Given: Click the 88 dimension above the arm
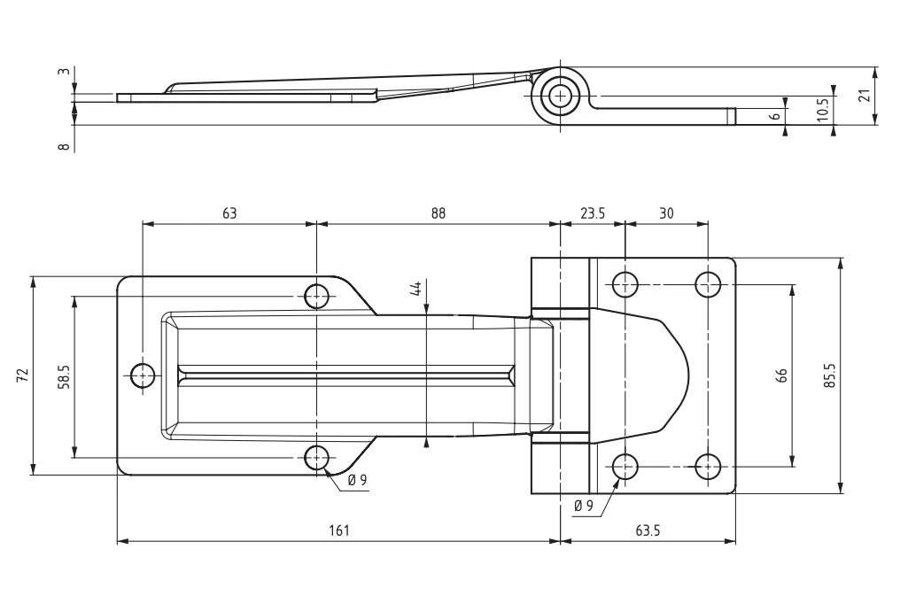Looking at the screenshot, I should pyautogui.click(x=438, y=213).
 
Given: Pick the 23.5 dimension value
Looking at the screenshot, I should pyautogui.click(x=594, y=213).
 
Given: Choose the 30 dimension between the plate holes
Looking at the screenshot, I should pyautogui.click(x=666, y=213).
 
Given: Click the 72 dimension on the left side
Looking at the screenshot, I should pyautogui.click(x=22, y=375).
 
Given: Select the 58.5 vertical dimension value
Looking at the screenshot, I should pyautogui.click(x=63, y=376).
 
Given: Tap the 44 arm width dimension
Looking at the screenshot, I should pyautogui.click(x=415, y=290).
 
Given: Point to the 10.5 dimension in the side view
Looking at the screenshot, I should pyautogui.click(x=822, y=108).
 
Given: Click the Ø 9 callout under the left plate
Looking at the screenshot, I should pyautogui.click(x=358, y=481).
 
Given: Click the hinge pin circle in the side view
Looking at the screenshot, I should pyautogui.click(x=560, y=95).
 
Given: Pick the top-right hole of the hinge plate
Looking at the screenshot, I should pyautogui.click(x=707, y=283).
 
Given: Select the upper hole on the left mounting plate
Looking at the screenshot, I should pyautogui.click(x=316, y=295).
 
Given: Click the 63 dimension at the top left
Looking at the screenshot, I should pyautogui.click(x=229, y=213).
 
